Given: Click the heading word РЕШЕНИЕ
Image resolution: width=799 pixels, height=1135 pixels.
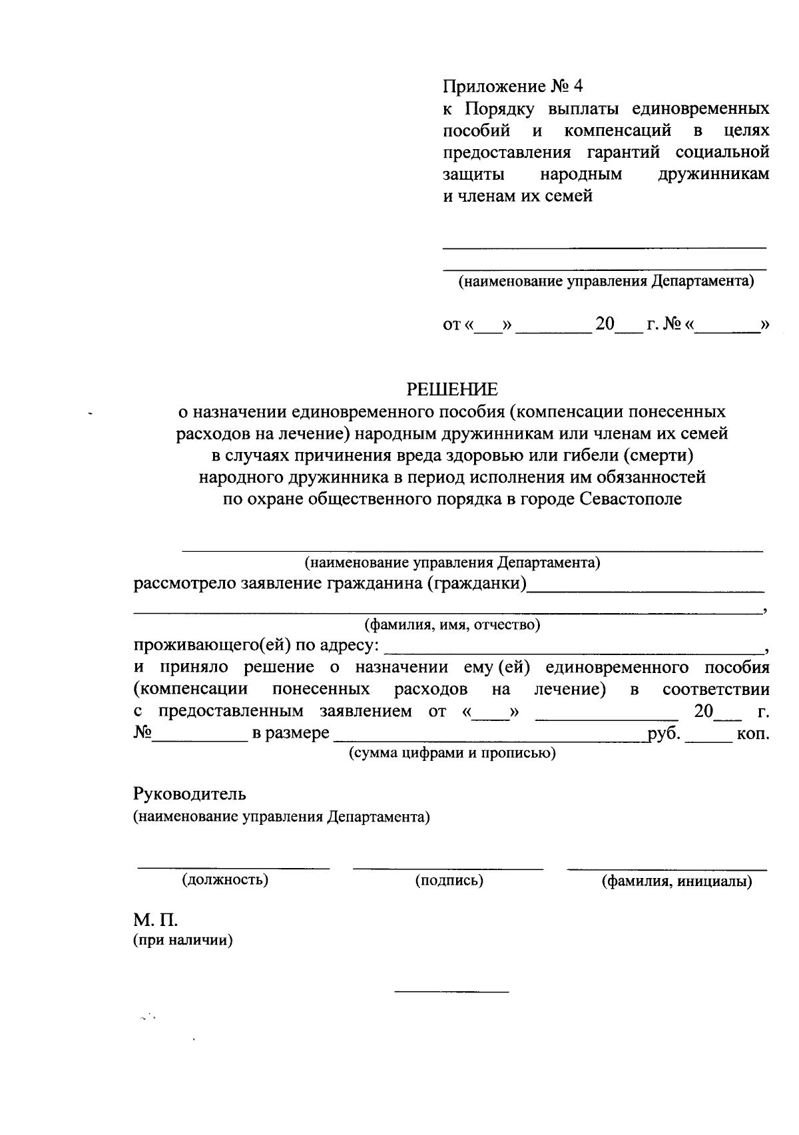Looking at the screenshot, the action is tap(452, 389).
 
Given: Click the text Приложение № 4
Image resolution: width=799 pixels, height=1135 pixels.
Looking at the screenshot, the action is tap(513, 86).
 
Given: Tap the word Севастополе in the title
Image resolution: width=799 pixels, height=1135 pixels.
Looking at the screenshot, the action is tap(631, 499).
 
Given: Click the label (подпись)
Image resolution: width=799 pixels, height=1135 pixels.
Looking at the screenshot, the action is tap(449, 880).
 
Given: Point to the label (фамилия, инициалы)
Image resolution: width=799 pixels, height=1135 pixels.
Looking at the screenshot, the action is tap(676, 881).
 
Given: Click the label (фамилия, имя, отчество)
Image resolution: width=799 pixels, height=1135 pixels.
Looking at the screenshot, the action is tap(451, 625).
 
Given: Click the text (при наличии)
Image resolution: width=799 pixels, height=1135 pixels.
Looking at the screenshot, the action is tap(183, 941).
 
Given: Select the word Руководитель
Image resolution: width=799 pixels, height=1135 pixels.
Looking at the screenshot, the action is tap(190, 794).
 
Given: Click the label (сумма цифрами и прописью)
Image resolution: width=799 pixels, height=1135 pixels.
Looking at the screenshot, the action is tap(452, 753).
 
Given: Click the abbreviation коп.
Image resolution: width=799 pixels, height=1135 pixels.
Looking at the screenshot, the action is tap(753, 734).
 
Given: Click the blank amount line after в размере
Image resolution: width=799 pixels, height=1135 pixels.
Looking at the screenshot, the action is tap(489, 739).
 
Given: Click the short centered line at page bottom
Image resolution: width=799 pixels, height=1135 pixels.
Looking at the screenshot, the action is tap(451, 993).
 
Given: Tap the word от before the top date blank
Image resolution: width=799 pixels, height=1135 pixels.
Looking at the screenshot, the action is tap(451, 326).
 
